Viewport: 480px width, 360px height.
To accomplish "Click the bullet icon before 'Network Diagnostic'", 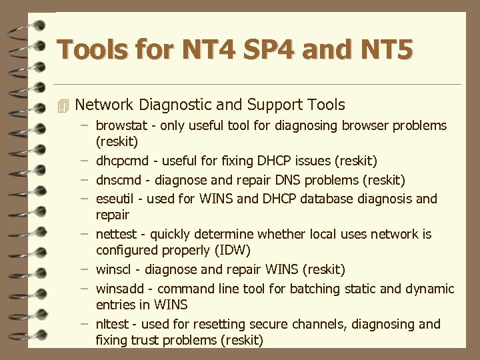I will coord(63,105).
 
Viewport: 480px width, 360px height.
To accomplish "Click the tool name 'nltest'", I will coord(111,324).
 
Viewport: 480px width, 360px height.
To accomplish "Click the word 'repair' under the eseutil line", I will coord(113,215).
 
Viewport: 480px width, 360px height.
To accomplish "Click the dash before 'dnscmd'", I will coord(85,179).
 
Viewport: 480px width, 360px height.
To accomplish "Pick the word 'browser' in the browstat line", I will coord(364,125).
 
